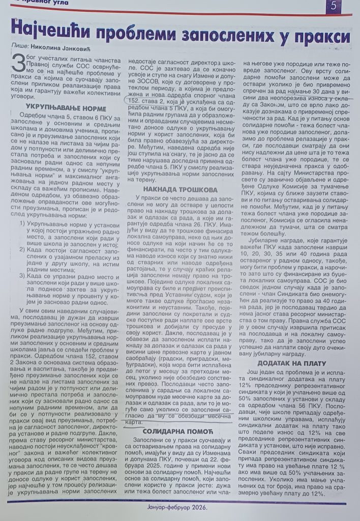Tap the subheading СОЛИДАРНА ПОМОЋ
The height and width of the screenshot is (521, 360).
[x=174, y=417]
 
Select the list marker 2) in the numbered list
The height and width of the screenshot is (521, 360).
[x=23, y=251]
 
